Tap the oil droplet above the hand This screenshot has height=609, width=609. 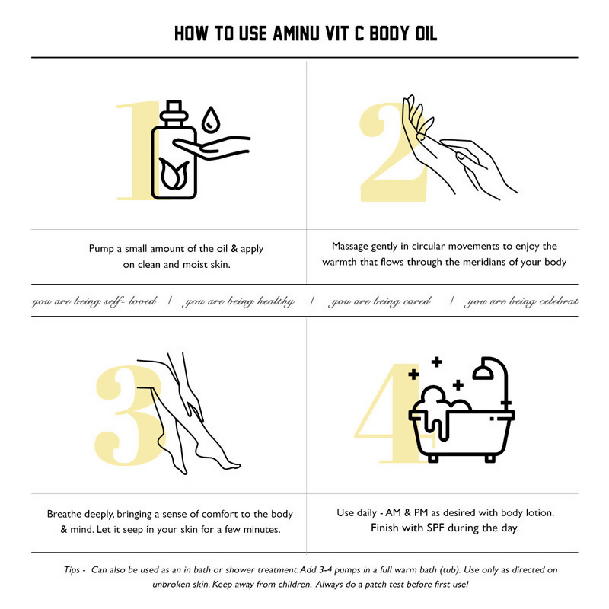pos(211,120)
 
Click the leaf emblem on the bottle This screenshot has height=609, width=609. pos(174,174)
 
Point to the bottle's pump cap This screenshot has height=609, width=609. pos(174,113)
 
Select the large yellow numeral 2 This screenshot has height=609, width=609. pos(393,151)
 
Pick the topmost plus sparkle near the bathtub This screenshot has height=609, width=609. pos(437,362)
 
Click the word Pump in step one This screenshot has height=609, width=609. pos(101,249)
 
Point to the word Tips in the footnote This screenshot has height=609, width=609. pos(72,569)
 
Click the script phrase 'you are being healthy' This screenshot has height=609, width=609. pos(238,301)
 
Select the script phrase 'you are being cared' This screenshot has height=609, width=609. pos(379,301)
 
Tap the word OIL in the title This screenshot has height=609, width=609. pos(426,33)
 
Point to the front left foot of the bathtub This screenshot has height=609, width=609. pos(433,458)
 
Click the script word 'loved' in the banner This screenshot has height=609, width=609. pos(142,301)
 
